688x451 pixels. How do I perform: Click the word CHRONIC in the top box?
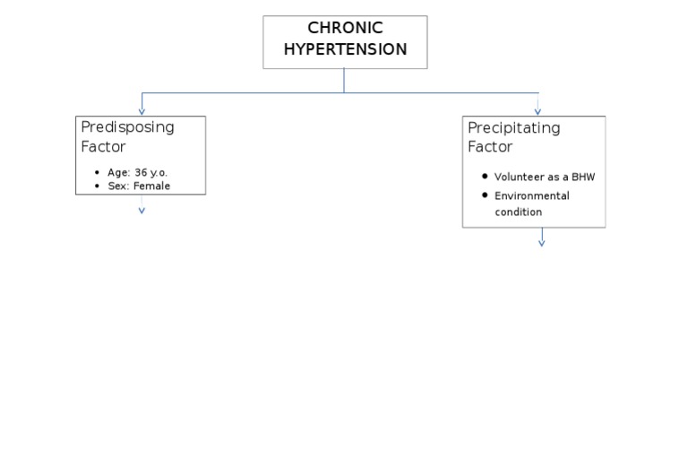tap(345, 28)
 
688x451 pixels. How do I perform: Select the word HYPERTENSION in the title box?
tap(345, 49)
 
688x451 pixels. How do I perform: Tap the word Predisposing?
tap(127, 126)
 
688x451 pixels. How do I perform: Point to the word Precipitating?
tap(513, 127)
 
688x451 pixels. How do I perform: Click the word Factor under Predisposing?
tap(103, 146)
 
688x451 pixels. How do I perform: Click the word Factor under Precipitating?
tap(490, 147)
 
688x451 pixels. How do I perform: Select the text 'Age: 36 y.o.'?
tap(137, 172)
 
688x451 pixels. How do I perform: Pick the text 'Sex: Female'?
tap(139, 186)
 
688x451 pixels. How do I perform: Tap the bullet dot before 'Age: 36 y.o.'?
tap(97, 172)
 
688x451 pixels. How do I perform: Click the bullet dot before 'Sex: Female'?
tap(97, 186)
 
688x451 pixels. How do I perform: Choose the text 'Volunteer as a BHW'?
tap(544, 177)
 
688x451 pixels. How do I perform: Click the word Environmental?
tap(531, 195)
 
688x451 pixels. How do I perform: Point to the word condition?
tap(518, 212)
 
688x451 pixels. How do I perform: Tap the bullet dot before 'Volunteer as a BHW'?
tap(485, 177)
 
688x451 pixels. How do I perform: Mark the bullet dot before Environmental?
tap(485, 195)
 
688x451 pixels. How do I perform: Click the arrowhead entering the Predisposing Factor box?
tap(142, 111)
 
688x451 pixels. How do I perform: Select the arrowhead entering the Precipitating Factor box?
tap(537, 111)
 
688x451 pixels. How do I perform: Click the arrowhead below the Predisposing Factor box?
tap(142, 211)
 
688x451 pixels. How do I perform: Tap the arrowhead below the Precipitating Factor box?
tap(541, 242)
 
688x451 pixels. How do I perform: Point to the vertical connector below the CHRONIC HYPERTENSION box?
tap(344, 81)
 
